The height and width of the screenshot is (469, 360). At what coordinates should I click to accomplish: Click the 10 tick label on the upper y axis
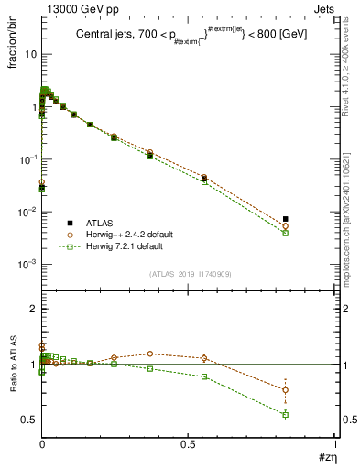(30, 54)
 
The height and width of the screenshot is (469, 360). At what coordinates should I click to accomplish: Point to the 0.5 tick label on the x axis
(188, 445)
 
